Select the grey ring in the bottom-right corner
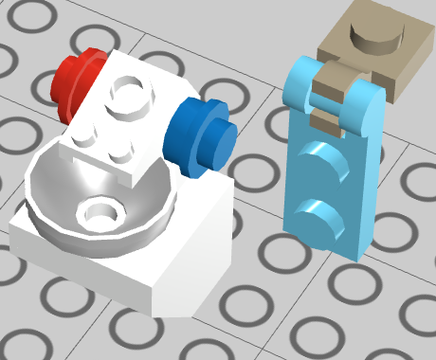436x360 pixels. pos(408,322)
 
